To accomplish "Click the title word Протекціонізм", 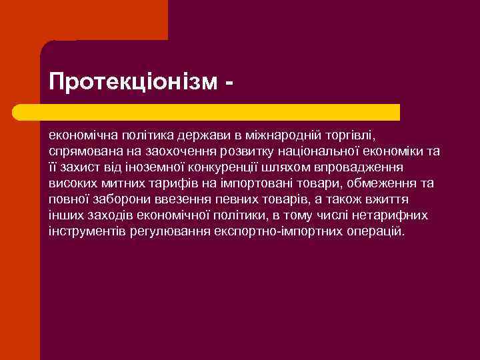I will click(x=133, y=81).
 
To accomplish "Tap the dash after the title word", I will click(x=229, y=83).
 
